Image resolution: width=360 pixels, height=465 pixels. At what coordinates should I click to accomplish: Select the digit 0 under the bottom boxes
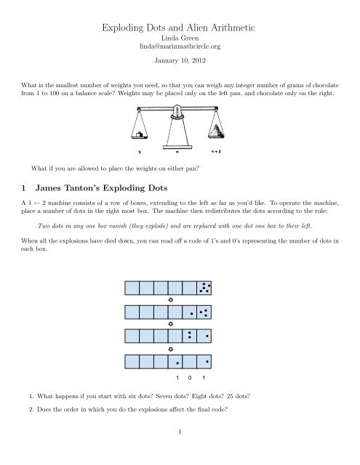pos(190,378)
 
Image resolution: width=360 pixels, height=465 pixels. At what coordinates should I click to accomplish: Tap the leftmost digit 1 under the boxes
pos(177,378)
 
